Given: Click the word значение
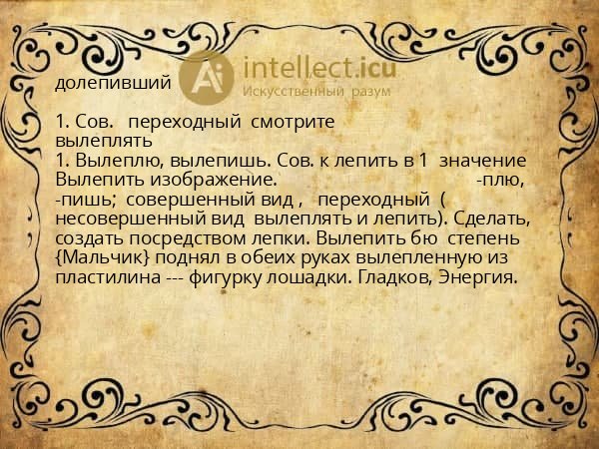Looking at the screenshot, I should [483, 160].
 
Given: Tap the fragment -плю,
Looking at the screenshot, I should [504, 180].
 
